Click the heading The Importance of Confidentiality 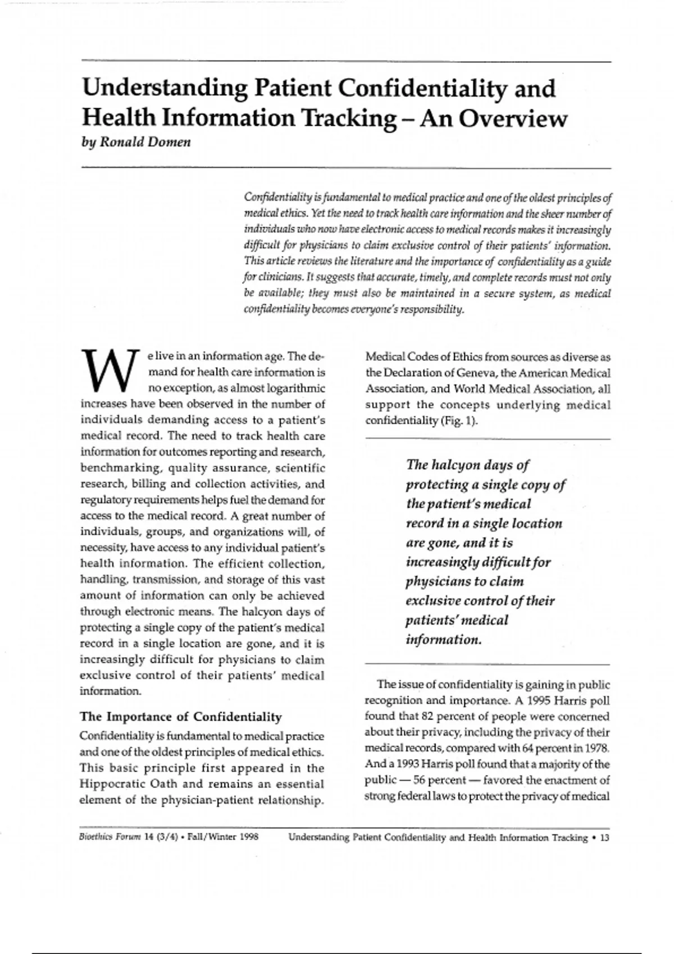pos(181,717)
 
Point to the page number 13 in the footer pos(604,837)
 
